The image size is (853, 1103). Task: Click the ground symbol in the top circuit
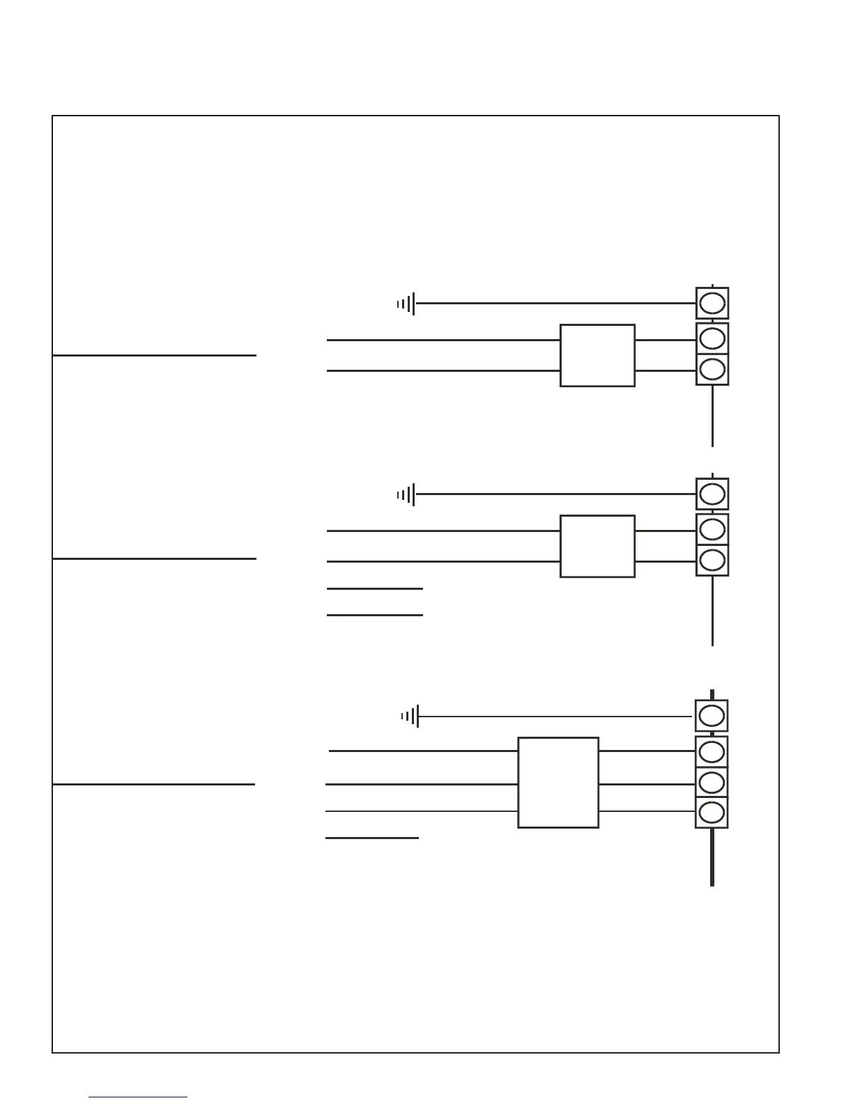tap(407, 304)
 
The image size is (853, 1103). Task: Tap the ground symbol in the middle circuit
tap(407, 494)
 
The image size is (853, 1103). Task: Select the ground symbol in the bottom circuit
tap(410, 716)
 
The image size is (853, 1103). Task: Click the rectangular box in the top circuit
tap(597, 355)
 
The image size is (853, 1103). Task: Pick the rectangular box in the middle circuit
tap(597, 546)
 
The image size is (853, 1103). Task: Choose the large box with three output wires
tap(558, 782)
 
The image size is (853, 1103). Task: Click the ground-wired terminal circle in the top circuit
tap(712, 304)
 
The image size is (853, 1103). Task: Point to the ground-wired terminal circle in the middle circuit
tap(712, 494)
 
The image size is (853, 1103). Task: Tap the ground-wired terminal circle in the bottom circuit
tap(712, 716)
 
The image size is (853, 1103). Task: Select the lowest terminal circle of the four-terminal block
tap(712, 812)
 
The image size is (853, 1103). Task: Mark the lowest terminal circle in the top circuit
tap(712, 369)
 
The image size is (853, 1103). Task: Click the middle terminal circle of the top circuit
tap(712, 338)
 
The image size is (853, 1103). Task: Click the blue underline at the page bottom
tap(138, 1097)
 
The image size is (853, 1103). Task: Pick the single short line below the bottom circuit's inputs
tap(372, 838)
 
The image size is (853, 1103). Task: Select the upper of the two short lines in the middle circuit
tap(375, 588)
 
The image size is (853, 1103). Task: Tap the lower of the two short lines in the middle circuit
tap(375, 615)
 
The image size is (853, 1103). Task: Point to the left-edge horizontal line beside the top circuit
tap(154, 355)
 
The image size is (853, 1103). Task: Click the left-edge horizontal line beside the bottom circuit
tap(153, 784)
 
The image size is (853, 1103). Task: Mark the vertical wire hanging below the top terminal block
tap(712, 416)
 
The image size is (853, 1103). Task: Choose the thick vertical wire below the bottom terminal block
tap(712, 858)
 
